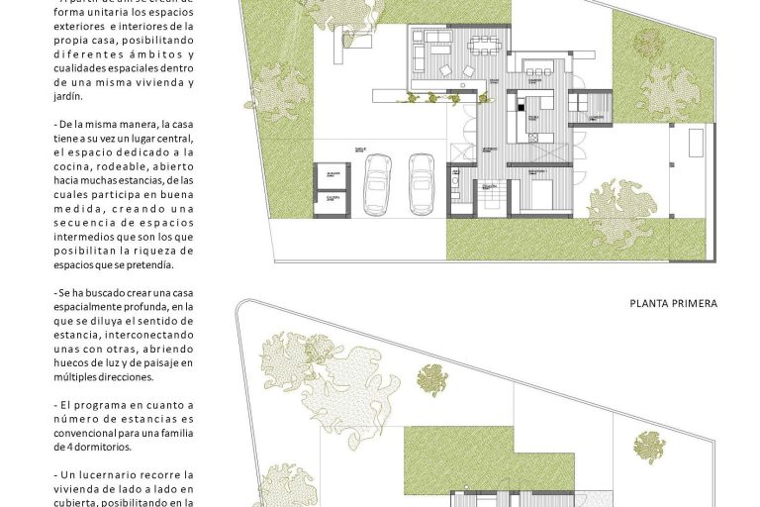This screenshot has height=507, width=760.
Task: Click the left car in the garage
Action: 377,183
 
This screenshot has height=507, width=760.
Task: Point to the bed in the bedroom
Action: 540,191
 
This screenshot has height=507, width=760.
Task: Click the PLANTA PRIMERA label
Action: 673,303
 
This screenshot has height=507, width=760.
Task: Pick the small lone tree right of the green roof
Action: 649,447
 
